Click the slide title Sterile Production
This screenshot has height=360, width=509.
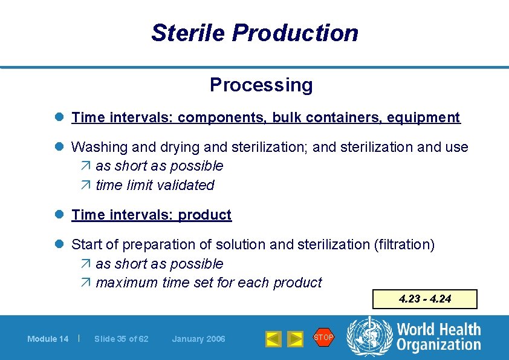click(x=254, y=33)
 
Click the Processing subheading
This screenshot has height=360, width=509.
click(x=261, y=85)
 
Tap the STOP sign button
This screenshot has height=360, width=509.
click(x=323, y=338)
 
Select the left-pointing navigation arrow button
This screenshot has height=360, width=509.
click(x=273, y=339)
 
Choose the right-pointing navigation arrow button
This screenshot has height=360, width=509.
click(x=294, y=339)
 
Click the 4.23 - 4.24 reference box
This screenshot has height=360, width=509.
click(x=424, y=299)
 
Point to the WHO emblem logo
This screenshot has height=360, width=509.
click(x=369, y=337)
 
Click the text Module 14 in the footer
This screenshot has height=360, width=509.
click(x=48, y=339)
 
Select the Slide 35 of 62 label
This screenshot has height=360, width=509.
click(x=121, y=339)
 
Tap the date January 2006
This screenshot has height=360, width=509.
click(x=198, y=339)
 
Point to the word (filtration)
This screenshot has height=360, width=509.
click(x=404, y=244)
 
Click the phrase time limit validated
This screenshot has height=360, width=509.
click(x=155, y=185)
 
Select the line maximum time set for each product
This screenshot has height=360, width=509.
click(x=209, y=283)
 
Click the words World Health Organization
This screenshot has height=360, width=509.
click(x=438, y=337)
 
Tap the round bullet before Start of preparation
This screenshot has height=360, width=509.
click(x=60, y=244)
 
